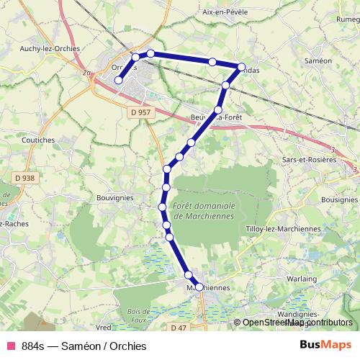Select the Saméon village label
click(x=318, y=61)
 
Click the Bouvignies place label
click(x=115, y=196)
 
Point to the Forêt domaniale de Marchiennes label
click(x=204, y=211)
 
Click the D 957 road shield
click(x=140, y=112)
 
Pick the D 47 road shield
click(x=179, y=328)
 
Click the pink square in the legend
click(x=10, y=346)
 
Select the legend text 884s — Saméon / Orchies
click(x=84, y=346)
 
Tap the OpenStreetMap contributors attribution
click(x=297, y=323)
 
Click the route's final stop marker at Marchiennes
click(x=199, y=287)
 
